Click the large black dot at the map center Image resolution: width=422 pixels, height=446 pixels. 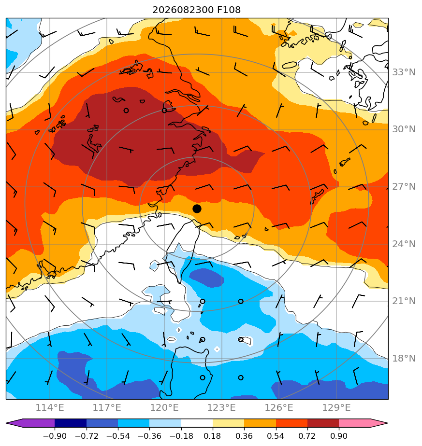pos(197,209)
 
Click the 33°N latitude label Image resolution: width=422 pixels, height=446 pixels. pos(404,72)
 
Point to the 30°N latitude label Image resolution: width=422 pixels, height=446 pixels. pos(404,129)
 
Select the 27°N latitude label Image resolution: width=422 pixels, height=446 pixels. pos(404,187)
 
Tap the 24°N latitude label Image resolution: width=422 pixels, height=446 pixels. pos(404,244)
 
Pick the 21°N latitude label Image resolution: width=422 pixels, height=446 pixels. pos(404,301)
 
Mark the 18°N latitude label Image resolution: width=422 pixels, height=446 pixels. pos(404,358)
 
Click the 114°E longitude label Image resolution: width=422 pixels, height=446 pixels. pos(50,407)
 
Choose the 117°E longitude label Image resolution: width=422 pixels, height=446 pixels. pos(107,407)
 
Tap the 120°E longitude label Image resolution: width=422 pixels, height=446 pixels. pos(164,407)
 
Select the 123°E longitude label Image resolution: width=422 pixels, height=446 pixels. pos(221,407)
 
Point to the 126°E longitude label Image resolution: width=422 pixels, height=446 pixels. pos(279,407)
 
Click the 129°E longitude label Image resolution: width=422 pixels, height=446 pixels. pos(336,407)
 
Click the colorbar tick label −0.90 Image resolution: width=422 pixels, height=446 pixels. pos(55,436)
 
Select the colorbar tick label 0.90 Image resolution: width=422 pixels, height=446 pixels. pos(339,436)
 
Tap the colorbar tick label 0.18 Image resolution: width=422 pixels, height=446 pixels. pos(212,436)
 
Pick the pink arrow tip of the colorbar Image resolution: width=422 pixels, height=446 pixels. pos(387,423)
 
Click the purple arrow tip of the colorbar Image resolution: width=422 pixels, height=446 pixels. pos(7,423)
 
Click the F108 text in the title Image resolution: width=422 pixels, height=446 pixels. pos(229,10)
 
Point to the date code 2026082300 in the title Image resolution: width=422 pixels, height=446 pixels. pos(183,10)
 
